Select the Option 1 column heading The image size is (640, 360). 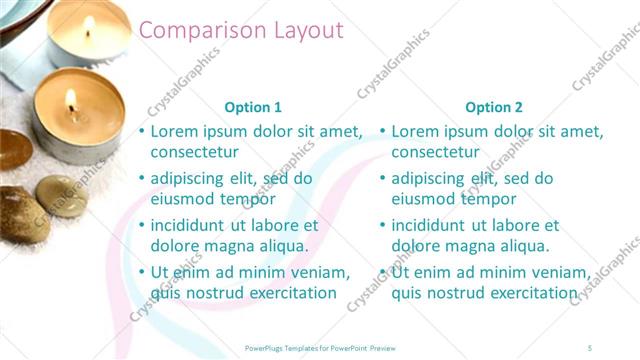pyautogui.click(x=253, y=107)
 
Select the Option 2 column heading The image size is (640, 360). pyautogui.click(x=494, y=107)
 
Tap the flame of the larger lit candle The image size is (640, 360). pyautogui.click(x=71, y=99)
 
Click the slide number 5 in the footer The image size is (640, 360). pyautogui.click(x=590, y=347)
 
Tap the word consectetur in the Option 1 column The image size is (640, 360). pyautogui.click(x=194, y=153)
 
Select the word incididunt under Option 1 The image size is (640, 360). pyautogui.click(x=194, y=225)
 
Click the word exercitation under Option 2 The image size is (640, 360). pyautogui.click(x=529, y=293)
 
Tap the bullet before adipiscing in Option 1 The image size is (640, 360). pyautogui.click(x=141, y=179)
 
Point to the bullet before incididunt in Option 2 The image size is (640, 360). pyautogui.click(x=382, y=225)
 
